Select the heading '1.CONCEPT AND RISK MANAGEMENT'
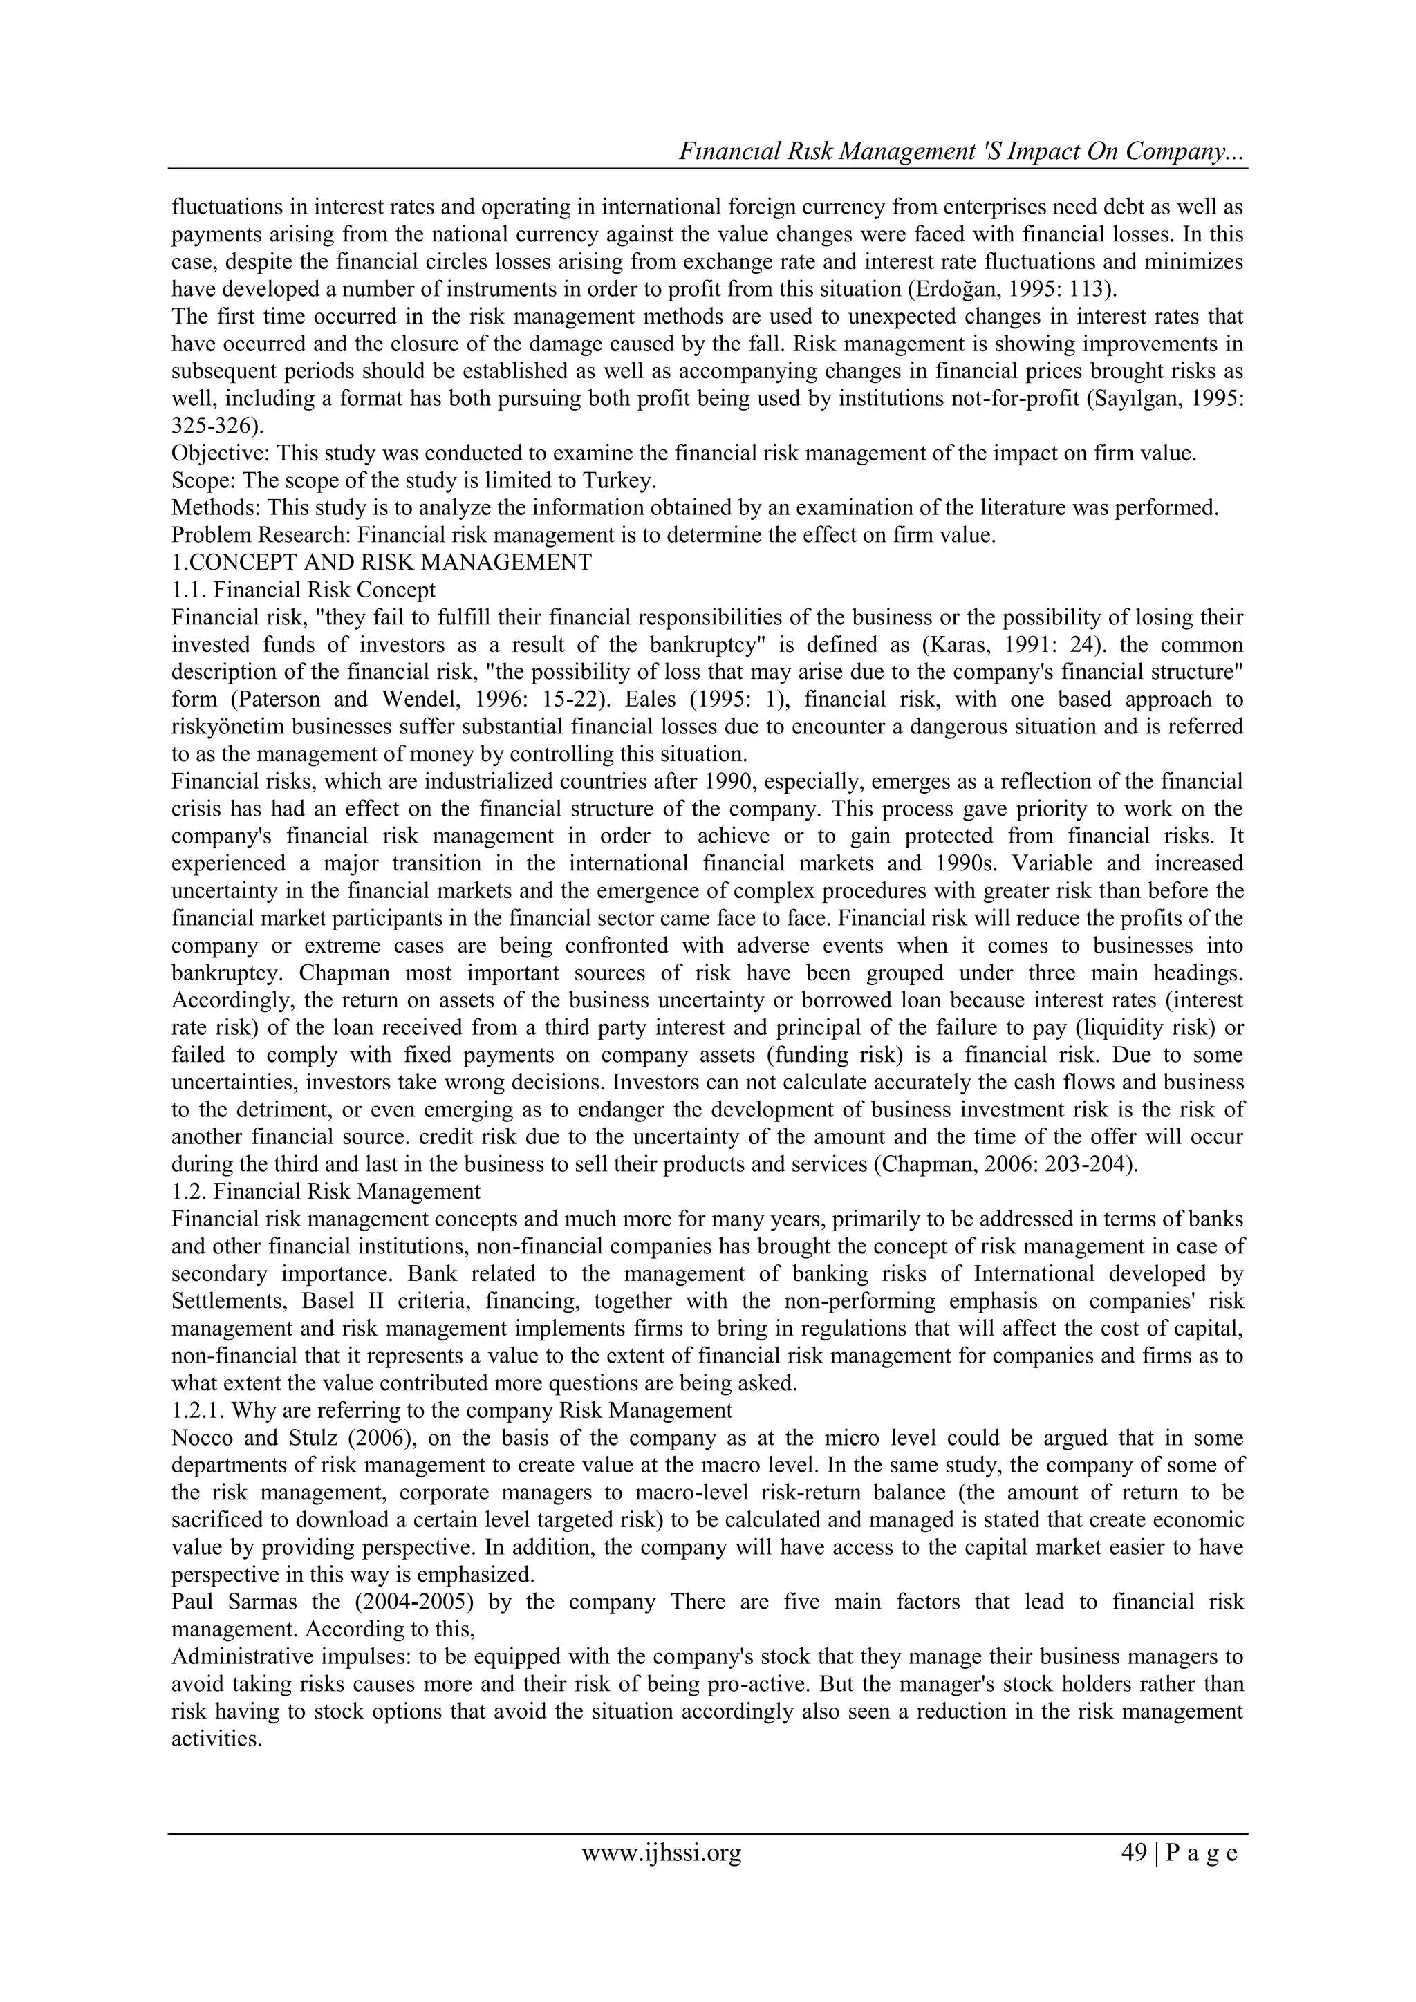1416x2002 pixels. tap(381, 563)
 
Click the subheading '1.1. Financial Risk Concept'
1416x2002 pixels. tap(304, 590)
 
